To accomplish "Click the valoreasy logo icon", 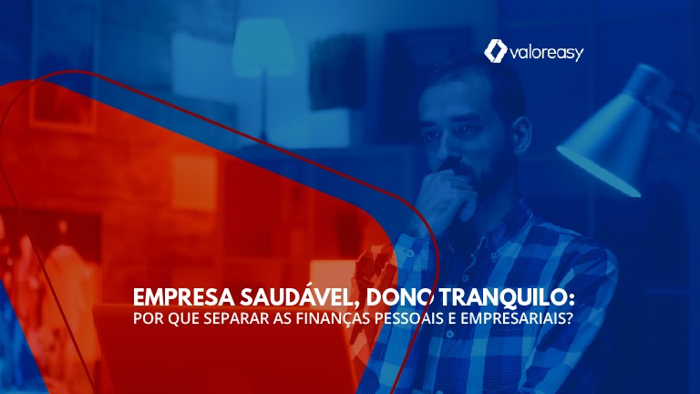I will click(x=495, y=51).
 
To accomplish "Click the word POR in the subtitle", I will click(x=148, y=319).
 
